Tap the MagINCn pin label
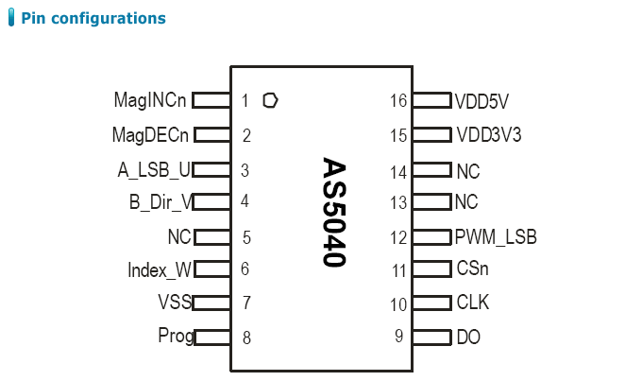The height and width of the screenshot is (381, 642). (149, 100)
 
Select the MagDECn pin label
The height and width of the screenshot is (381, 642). (151, 134)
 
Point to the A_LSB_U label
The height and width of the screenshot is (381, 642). (154, 170)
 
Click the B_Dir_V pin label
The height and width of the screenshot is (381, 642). (160, 201)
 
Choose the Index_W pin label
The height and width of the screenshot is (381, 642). (160, 269)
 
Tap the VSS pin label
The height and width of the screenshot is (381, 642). (175, 303)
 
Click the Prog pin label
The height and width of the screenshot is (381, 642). (175, 336)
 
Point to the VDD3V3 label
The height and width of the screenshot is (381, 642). (488, 135)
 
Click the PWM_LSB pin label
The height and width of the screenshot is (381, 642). (495, 236)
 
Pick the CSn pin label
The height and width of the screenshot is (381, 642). (472, 269)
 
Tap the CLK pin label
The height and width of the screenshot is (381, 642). (472, 303)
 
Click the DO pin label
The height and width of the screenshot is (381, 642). (468, 337)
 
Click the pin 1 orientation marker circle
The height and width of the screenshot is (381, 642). (271, 99)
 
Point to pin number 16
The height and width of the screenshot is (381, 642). (397, 100)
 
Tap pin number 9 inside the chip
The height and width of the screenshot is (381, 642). (398, 336)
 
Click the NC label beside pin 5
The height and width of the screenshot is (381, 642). (179, 236)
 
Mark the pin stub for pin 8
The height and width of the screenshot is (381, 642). (211, 337)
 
